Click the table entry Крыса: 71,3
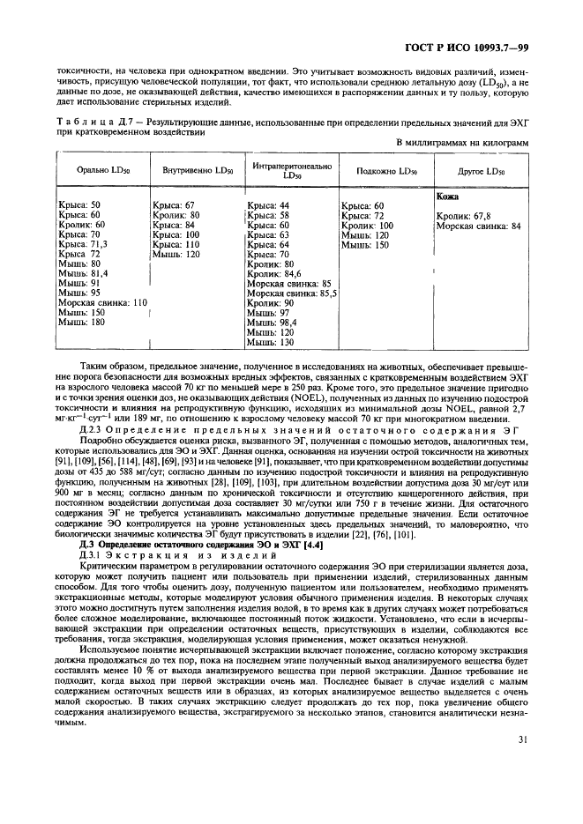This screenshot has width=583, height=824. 85,244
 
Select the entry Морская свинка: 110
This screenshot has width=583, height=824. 101,302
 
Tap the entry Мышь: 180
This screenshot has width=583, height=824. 78,322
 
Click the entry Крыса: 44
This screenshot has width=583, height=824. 268,205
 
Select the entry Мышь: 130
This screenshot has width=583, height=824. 270,341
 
